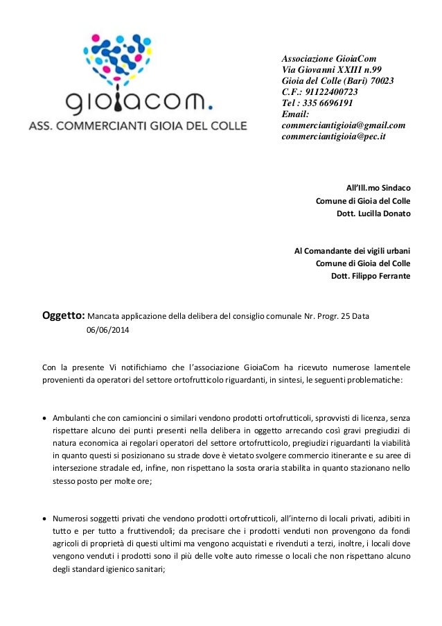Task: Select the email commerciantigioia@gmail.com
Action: tap(344, 125)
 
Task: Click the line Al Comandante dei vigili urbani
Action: tap(353, 250)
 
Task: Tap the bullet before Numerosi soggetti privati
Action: tap(46, 517)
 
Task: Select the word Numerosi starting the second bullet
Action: tap(71, 516)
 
